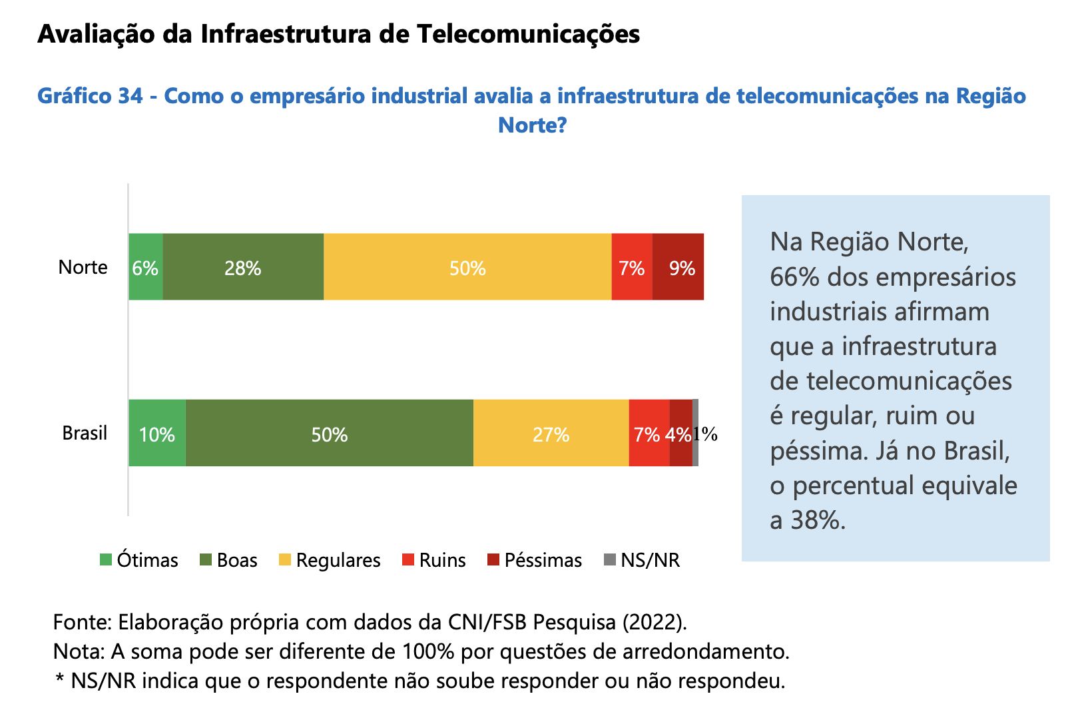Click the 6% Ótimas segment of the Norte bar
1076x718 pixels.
point(145,267)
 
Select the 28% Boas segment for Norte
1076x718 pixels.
point(243,267)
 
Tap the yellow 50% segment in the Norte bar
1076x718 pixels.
point(467,267)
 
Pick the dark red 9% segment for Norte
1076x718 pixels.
point(678,267)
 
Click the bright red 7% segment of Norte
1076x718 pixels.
point(631,267)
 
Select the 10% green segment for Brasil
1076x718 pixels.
point(156,434)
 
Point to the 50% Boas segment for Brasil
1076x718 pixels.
point(329,434)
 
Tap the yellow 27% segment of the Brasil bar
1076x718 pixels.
point(551,434)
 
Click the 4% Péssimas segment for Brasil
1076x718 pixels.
point(680,434)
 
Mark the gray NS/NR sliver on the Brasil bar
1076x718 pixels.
point(695,434)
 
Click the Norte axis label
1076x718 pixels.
point(83,267)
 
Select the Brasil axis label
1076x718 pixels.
point(85,434)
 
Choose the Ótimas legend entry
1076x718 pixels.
point(139,560)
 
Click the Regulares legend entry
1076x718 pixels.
point(330,560)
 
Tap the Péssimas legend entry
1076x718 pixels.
point(535,560)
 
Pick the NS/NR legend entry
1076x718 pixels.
point(642,560)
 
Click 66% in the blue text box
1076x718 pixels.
point(794,277)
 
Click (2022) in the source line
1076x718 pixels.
point(653,622)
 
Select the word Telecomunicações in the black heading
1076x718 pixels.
point(529,34)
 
